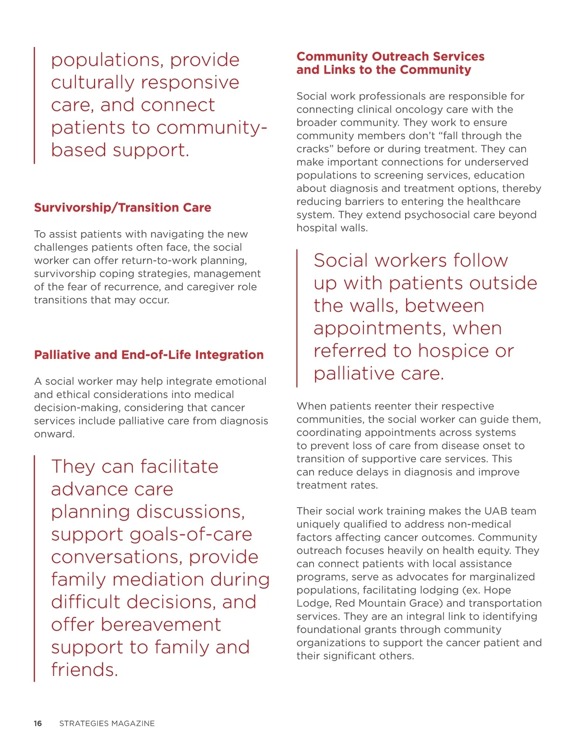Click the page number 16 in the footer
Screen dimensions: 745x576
tap(38, 723)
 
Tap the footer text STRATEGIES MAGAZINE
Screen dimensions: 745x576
tap(107, 723)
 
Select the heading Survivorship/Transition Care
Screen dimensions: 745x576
tap(122, 208)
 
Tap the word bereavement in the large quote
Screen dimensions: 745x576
tap(161, 625)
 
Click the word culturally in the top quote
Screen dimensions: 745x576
tap(90, 83)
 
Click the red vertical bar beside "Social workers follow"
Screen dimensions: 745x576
tap(297, 318)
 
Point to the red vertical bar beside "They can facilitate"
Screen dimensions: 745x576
tap(35, 568)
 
